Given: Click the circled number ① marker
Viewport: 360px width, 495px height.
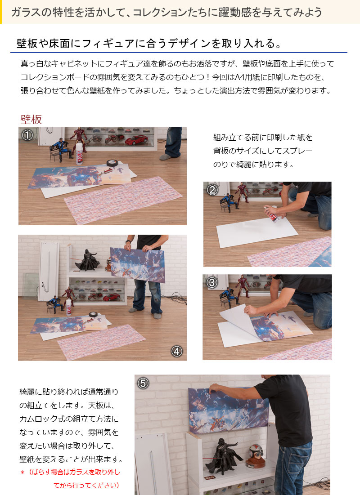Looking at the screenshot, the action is [x=27, y=135].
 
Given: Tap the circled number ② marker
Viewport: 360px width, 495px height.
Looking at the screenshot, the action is [x=212, y=190].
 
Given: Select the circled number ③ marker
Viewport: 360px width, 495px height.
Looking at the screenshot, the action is [x=212, y=282].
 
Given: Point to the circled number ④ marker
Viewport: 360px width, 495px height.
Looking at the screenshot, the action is [x=177, y=351].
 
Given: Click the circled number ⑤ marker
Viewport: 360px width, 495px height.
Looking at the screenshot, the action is [x=143, y=383].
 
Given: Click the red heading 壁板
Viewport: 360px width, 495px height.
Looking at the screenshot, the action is [x=31, y=119].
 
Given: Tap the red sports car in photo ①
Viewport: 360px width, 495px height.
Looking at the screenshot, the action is [x=136, y=139].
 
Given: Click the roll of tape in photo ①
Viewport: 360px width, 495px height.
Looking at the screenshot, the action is [x=112, y=163].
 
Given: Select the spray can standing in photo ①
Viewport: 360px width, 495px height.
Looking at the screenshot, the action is [x=79, y=154].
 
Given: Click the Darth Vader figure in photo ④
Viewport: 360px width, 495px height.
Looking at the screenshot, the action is [x=88, y=260].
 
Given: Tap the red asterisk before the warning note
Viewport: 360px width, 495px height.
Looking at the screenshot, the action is [x=22, y=473].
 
